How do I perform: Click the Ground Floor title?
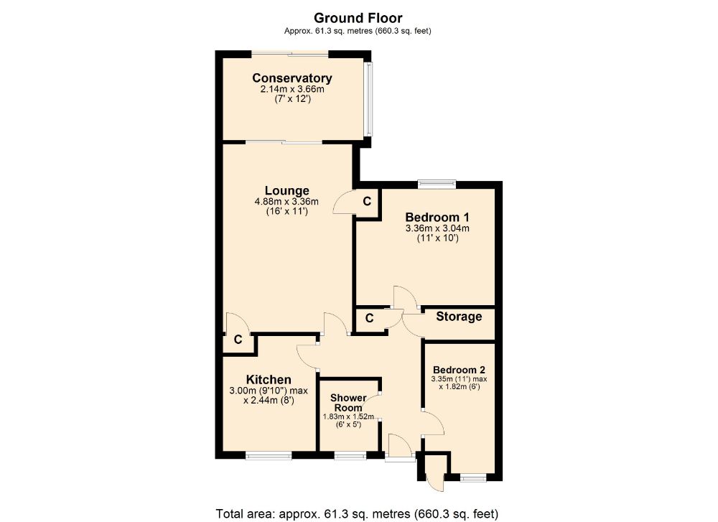(x=358, y=18)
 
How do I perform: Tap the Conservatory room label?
(x=292, y=78)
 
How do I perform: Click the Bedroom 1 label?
(x=437, y=217)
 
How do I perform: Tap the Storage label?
(x=459, y=317)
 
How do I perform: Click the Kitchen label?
(x=269, y=379)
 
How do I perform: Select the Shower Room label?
(x=348, y=403)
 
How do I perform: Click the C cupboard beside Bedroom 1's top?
(x=366, y=202)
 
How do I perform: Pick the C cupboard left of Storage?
(x=369, y=318)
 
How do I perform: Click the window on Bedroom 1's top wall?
(x=437, y=185)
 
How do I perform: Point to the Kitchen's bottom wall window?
(x=268, y=455)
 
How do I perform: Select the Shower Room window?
(x=350, y=455)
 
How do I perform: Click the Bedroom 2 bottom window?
(x=472, y=477)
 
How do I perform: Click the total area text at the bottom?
(x=357, y=513)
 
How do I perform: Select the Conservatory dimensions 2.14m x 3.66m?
(x=292, y=90)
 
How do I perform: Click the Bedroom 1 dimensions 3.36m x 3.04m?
(x=437, y=228)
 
